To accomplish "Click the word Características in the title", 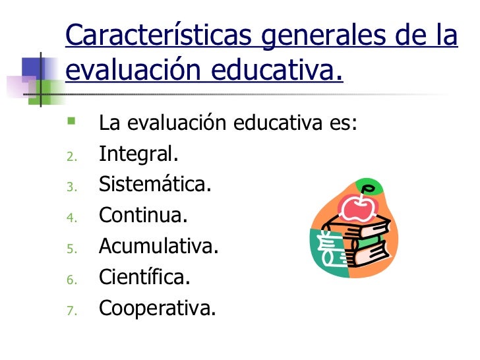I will (158, 36).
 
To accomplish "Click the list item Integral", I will (138, 154).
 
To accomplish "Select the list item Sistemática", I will (155, 185).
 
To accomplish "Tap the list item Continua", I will (143, 215).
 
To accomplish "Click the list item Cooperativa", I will (157, 307).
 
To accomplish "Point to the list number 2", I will (72, 156).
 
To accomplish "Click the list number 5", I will (72, 248).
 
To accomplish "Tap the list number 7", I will (72, 309).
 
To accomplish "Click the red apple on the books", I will (357, 208).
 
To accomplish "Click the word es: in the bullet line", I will (341, 123).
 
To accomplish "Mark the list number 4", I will (72, 218).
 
